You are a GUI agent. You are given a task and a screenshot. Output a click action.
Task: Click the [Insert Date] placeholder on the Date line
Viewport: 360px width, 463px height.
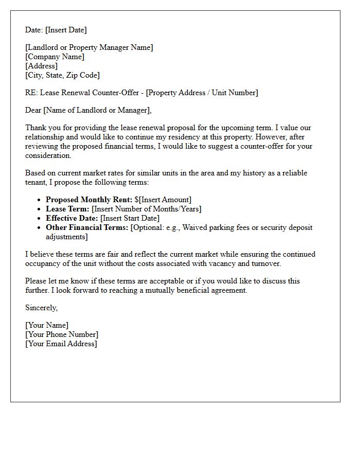click(x=66, y=30)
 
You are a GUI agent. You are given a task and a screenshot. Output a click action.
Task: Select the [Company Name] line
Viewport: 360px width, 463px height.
click(x=55, y=57)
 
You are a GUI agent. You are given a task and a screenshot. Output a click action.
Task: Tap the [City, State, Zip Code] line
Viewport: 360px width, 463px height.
click(x=62, y=75)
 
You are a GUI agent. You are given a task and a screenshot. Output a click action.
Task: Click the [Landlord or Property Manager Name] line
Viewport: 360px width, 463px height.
click(x=89, y=47)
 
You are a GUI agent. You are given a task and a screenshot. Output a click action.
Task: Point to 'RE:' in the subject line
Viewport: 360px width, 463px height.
click(x=31, y=93)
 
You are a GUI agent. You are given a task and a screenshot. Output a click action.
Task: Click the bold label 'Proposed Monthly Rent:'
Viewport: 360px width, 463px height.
click(x=89, y=200)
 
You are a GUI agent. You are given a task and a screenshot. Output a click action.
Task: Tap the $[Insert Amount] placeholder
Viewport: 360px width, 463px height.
click(x=163, y=200)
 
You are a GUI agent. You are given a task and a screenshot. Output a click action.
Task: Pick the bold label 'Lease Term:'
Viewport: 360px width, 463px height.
click(x=67, y=209)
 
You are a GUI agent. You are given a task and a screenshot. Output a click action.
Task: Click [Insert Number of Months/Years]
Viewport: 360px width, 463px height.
click(x=146, y=209)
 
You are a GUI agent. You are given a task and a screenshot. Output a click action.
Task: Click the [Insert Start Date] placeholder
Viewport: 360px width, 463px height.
click(x=132, y=218)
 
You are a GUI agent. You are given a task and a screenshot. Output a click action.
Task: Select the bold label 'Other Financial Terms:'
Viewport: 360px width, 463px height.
click(x=87, y=227)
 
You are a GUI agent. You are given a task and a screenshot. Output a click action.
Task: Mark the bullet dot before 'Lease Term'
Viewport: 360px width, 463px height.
click(x=40, y=209)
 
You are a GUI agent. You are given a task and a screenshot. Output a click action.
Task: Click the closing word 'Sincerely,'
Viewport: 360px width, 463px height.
click(x=42, y=308)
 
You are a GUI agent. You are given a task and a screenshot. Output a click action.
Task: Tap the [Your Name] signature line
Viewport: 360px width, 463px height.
click(x=47, y=325)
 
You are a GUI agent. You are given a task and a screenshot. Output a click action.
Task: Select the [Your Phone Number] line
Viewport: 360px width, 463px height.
click(x=62, y=334)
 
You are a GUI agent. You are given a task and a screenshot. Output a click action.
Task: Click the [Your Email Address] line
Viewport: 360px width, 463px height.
click(x=61, y=344)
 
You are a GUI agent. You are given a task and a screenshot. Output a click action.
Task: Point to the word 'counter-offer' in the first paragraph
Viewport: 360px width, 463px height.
click(x=254, y=146)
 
